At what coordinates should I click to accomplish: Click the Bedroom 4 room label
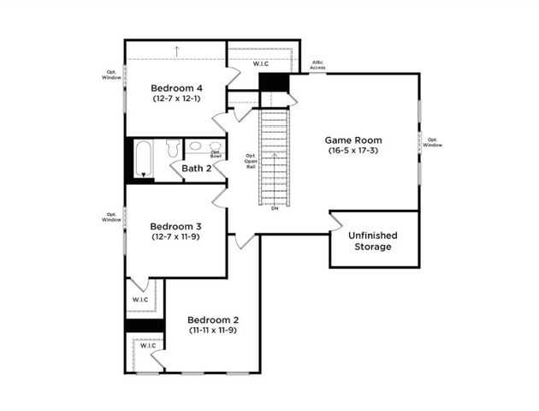click(x=176, y=88)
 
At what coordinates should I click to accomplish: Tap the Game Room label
click(x=352, y=140)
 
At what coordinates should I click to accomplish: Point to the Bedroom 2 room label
click(x=213, y=319)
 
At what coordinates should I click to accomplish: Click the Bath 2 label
click(x=196, y=169)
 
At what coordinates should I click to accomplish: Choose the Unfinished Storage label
click(x=373, y=241)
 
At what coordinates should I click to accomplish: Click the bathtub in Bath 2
click(x=143, y=158)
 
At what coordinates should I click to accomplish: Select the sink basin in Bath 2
click(x=195, y=146)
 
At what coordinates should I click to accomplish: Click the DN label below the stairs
click(x=275, y=208)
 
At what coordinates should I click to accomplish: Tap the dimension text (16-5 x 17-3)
click(x=352, y=151)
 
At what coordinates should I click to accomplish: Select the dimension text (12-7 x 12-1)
click(x=176, y=99)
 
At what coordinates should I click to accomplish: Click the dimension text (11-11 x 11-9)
click(x=213, y=330)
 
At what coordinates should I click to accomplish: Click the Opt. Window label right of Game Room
click(x=435, y=142)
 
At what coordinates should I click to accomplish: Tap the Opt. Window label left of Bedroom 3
click(x=112, y=217)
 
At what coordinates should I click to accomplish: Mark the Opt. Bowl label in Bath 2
click(x=216, y=154)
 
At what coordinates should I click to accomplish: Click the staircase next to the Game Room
click(x=274, y=158)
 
